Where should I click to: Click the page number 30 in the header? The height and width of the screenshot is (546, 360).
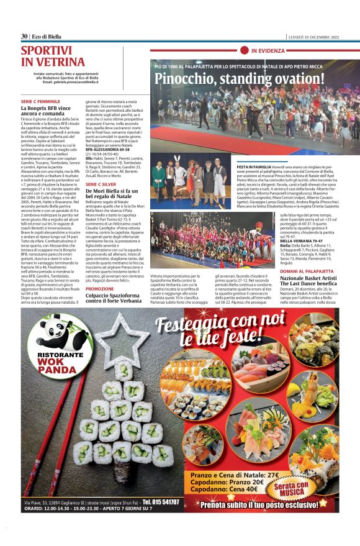click(24, 35)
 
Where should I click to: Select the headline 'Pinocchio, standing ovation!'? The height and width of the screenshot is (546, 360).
click(236, 79)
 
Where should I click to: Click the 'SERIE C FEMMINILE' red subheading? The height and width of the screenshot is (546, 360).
click(40, 99)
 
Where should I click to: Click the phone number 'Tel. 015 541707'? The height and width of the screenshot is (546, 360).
click(161, 502)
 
